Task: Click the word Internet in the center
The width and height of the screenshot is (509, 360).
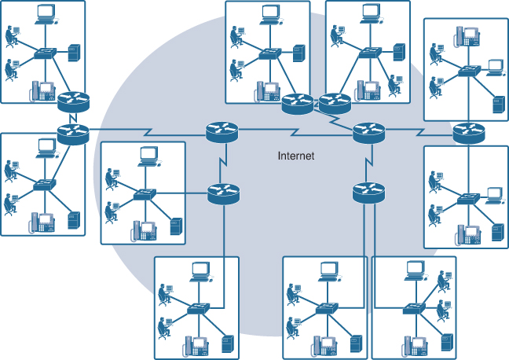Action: click(x=296, y=156)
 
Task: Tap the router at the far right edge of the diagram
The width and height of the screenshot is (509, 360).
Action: click(x=469, y=134)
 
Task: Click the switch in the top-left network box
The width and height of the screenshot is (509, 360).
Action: click(x=44, y=55)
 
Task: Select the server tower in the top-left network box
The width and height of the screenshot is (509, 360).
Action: click(x=75, y=53)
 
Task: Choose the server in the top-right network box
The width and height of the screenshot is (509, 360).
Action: click(x=496, y=104)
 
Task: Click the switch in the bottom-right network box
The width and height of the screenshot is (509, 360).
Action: click(x=411, y=309)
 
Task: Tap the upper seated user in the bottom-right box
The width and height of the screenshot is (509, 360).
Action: click(x=443, y=281)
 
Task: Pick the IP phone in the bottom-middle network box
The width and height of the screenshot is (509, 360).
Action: click(x=325, y=343)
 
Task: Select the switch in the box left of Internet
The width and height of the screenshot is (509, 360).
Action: click(x=145, y=194)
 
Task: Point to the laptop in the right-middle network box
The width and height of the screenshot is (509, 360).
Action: click(x=494, y=194)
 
